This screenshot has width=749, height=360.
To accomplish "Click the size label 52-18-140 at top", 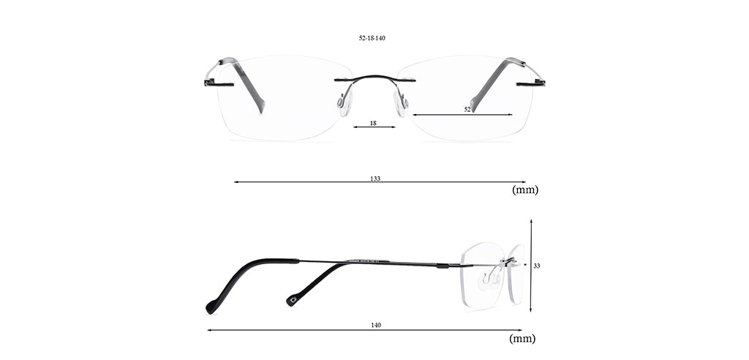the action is pos(372,38).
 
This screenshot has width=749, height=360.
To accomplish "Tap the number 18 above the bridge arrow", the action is pos(373,124).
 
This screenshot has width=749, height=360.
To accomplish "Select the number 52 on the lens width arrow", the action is pos(467,110).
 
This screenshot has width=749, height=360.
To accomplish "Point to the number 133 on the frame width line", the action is pos(375,179).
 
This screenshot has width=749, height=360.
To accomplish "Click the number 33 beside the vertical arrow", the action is pos(536,266).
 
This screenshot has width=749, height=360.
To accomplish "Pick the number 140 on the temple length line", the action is pos(376,325).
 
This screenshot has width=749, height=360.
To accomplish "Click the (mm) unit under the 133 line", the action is pos(525,190).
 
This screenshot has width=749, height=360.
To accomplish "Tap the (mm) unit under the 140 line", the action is pos(522,339).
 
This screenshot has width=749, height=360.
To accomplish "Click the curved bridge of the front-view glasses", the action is pos(375,77).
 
